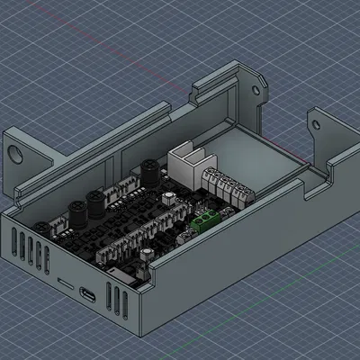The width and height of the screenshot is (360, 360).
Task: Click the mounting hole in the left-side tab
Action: coord(17,152)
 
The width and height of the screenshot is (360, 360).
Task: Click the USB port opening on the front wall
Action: coord(87,294)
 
